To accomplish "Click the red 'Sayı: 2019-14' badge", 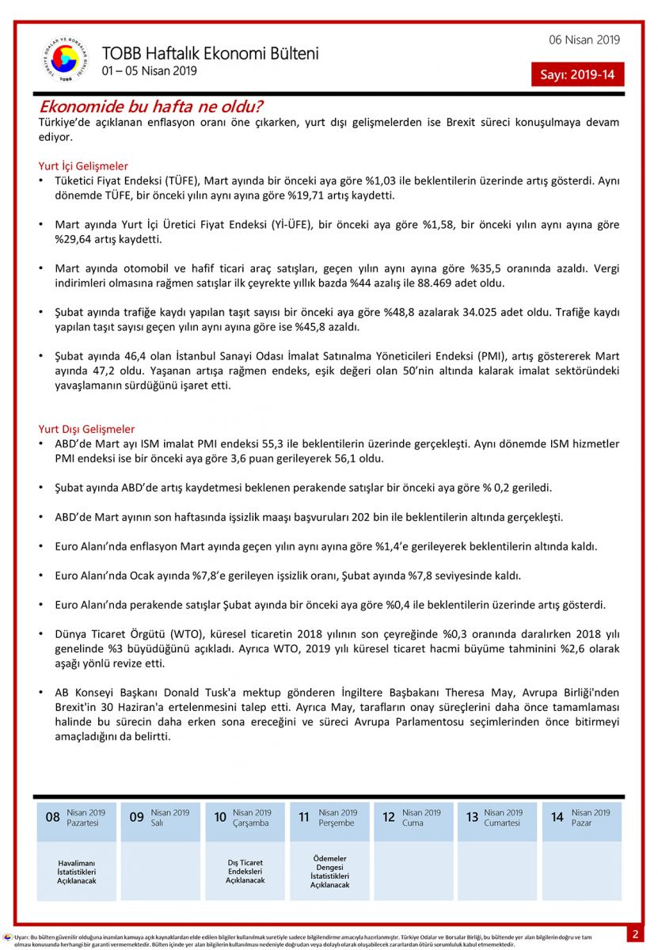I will (577, 74).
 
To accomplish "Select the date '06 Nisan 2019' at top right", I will (584, 40).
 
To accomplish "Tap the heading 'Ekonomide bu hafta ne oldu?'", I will (151, 106).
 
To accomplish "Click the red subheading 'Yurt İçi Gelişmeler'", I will (83, 166).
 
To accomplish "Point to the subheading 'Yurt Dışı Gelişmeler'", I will (86, 429).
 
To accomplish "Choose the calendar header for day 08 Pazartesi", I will (77, 818).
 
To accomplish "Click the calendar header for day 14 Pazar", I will (580, 818).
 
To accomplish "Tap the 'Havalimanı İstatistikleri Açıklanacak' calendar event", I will (77, 872).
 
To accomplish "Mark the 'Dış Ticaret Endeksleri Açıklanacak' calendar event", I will (245, 871).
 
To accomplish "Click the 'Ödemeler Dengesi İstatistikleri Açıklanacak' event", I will (329, 871).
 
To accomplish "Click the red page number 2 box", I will (634, 934).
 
